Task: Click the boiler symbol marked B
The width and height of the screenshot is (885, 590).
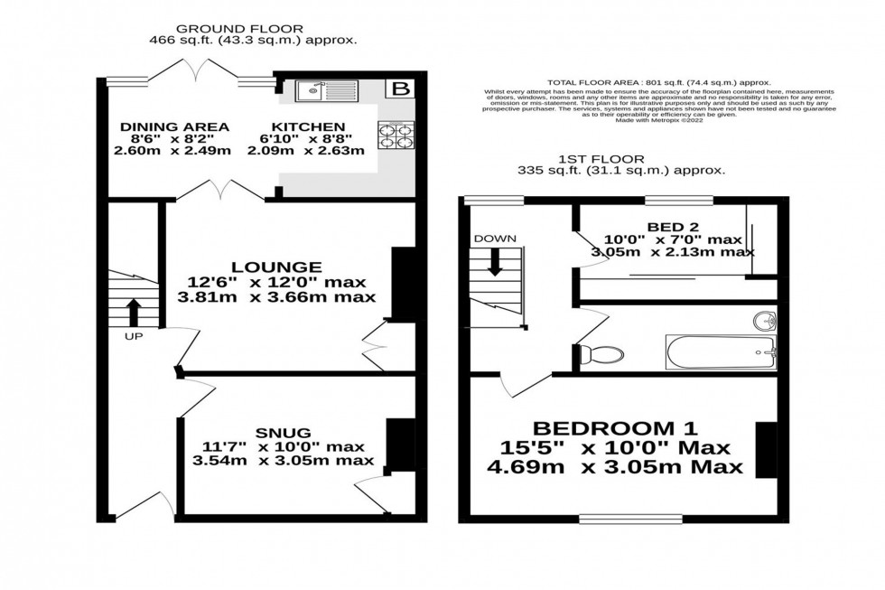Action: coord(398,89)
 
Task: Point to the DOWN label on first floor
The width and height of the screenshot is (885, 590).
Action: coord(495,239)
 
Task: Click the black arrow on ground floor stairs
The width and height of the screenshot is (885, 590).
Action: coord(133,312)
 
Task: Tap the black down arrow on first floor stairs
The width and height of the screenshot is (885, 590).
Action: coord(495,262)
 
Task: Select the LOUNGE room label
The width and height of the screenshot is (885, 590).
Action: coord(276,267)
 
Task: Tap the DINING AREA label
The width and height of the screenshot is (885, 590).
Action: coord(173,126)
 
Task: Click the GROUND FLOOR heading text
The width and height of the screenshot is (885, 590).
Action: coord(239,29)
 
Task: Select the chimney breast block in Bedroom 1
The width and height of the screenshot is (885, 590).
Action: coord(766,449)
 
